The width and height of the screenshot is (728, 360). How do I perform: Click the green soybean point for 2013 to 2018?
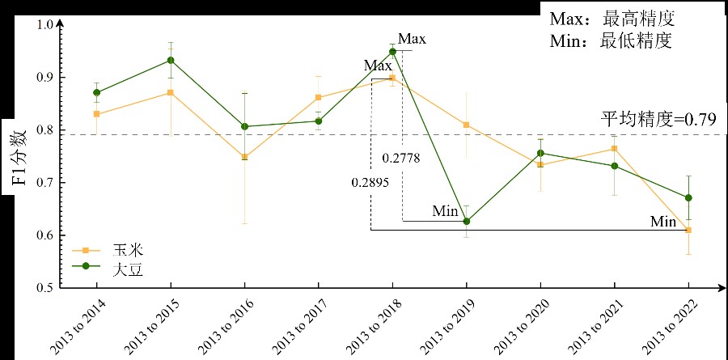click(x=392, y=52)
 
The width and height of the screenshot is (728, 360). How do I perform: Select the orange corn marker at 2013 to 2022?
click(x=688, y=230)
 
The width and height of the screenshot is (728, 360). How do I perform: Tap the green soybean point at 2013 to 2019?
click(x=466, y=222)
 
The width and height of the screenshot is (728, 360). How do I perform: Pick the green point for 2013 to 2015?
click(x=171, y=60)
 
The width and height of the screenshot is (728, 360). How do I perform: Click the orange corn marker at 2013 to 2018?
click(x=392, y=78)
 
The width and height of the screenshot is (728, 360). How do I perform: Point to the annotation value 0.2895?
click(x=370, y=183)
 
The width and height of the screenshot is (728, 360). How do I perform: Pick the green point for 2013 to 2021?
click(x=614, y=166)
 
